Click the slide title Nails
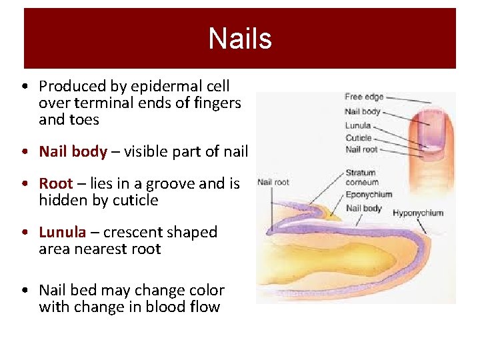(x=239, y=39)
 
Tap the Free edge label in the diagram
(x=364, y=97)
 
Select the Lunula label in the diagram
(x=358, y=125)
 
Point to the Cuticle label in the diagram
(x=358, y=138)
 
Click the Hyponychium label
(x=418, y=213)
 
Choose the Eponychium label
(x=369, y=195)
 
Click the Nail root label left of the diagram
(x=273, y=181)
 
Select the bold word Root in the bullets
(x=56, y=183)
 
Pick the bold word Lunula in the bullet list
(x=63, y=232)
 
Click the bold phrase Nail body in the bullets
(x=73, y=151)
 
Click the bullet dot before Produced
(x=24, y=87)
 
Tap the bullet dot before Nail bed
(x=24, y=291)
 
